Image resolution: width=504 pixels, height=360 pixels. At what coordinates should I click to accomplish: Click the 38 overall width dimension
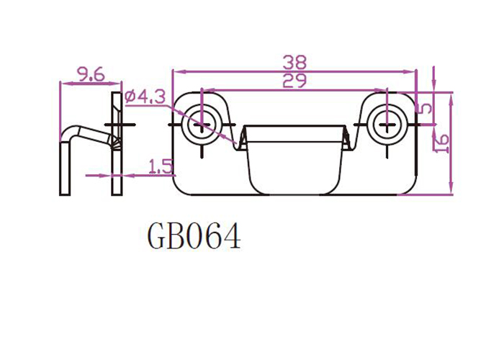click(x=294, y=63)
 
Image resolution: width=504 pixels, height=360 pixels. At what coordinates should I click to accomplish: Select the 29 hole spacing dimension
click(x=294, y=81)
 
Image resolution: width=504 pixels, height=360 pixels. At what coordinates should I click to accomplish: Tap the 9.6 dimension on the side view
click(x=91, y=75)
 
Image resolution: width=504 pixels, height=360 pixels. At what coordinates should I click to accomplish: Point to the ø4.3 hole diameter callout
click(x=145, y=96)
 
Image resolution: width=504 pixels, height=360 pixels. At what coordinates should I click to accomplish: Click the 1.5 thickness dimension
click(x=161, y=166)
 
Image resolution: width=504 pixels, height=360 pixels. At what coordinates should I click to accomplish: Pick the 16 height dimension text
click(x=442, y=144)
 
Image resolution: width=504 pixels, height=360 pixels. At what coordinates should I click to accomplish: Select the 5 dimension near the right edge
click(x=426, y=108)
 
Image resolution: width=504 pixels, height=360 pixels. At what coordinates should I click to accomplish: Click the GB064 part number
click(x=194, y=237)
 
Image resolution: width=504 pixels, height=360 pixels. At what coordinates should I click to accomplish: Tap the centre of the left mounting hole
click(x=201, y=124)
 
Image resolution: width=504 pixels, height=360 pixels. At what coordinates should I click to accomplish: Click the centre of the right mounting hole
click(x=387, y=124)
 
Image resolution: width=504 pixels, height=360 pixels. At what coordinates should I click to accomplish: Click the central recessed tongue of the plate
click(x=294, y=160)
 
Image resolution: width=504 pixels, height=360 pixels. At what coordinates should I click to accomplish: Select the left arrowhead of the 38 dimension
click(x=178, y=71)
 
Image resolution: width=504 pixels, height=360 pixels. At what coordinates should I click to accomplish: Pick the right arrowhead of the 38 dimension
click(x=410, y=71)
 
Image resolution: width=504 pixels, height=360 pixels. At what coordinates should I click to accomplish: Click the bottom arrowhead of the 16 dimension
click(x=451, y=189)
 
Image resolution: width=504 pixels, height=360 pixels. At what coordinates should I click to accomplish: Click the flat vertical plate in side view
click(x=117, y=144)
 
